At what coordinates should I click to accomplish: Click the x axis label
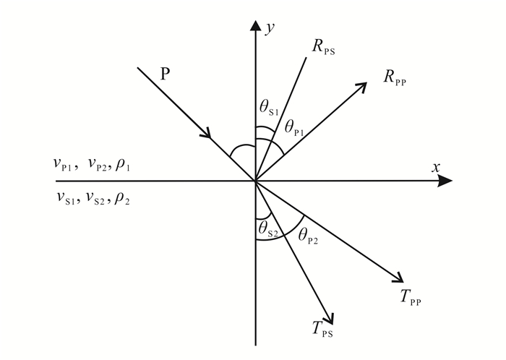[436, 167]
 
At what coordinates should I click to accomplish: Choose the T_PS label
[322, 330]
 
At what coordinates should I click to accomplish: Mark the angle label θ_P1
[294, 128]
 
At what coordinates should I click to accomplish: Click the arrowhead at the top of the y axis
[254, 27]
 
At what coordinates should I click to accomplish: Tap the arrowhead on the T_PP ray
[396, 277]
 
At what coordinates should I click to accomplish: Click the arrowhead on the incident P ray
[208, 133]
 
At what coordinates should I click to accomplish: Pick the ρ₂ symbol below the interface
[122, 196]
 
